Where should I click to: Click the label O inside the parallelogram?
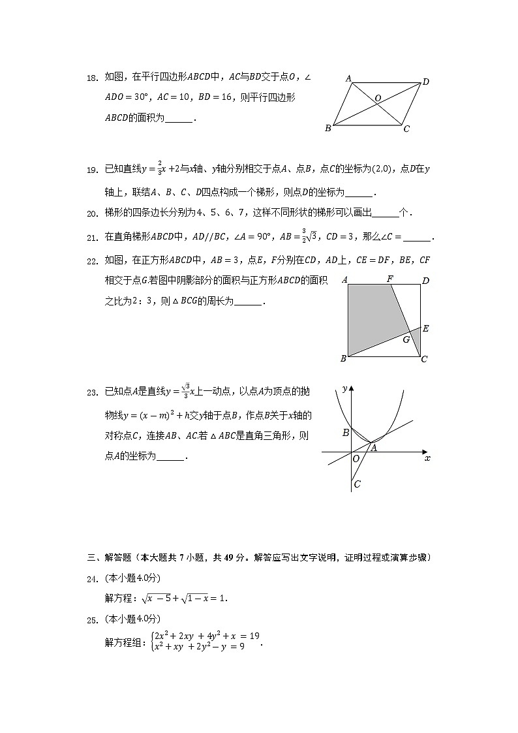[377, 99]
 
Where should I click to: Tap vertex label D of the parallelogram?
[425, 82]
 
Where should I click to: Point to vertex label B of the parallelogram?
[328, 129]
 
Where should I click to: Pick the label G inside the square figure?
[406, 340]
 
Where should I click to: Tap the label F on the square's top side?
[389, 279]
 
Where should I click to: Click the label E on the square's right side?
[425, 328]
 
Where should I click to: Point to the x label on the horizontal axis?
[427, 459]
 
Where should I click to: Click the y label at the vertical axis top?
[344, 389]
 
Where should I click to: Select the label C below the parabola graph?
[357, 484]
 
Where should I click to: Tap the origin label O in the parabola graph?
[356, 459]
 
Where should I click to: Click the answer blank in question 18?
[179, 119]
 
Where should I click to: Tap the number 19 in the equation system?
[254, 635]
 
